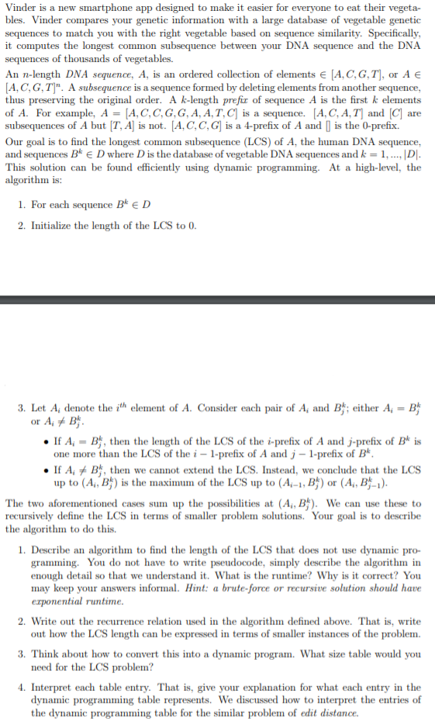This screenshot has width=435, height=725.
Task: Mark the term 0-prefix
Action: point(380,126)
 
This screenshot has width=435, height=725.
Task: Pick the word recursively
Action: point(35,516)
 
